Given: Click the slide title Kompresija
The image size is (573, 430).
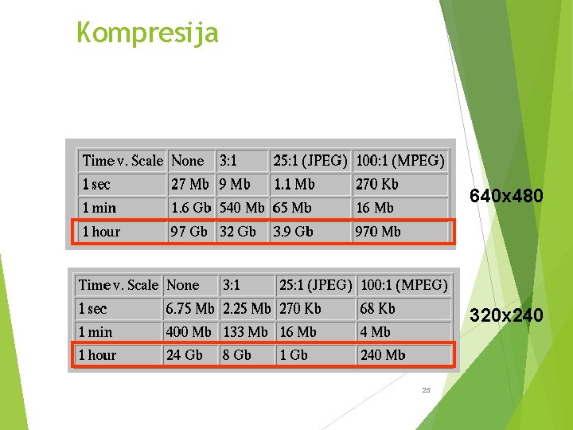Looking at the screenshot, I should (x=147, y=33).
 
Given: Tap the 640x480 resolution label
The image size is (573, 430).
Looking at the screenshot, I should (x=506, y=195).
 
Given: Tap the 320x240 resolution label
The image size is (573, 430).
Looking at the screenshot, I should (x=506, y=316).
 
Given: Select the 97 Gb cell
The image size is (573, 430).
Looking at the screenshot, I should (x=189, y=232).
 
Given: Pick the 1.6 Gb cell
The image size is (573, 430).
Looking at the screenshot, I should (x=191, y=208).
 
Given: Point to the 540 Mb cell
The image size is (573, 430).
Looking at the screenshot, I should (x=242, y=208).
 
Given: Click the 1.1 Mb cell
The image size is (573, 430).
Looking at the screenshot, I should (x=294, y=184).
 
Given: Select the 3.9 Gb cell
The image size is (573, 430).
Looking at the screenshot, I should (x=293, y=232).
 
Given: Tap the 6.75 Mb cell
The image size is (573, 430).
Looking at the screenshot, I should (x=190, y=308).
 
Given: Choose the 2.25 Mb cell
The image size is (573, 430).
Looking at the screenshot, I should (x=247, y=308).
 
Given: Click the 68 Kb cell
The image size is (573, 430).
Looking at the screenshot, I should (x=377, y=308).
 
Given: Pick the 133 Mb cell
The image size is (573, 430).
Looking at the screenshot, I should (x=245, y=331).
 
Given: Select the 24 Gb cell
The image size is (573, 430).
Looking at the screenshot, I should (x=184, y=355).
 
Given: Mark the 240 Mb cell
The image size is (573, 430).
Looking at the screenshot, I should (x=383, y=355).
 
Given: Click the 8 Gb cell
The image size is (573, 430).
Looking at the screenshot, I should (x=236, y=355).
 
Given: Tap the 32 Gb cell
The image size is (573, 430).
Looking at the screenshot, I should (x=237, y=232).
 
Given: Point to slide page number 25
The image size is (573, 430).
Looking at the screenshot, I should (x=426, y=390).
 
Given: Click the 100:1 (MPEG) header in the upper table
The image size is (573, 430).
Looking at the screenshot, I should (x=400, y=161).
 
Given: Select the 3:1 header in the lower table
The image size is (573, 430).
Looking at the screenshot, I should (x=232, y=284).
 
